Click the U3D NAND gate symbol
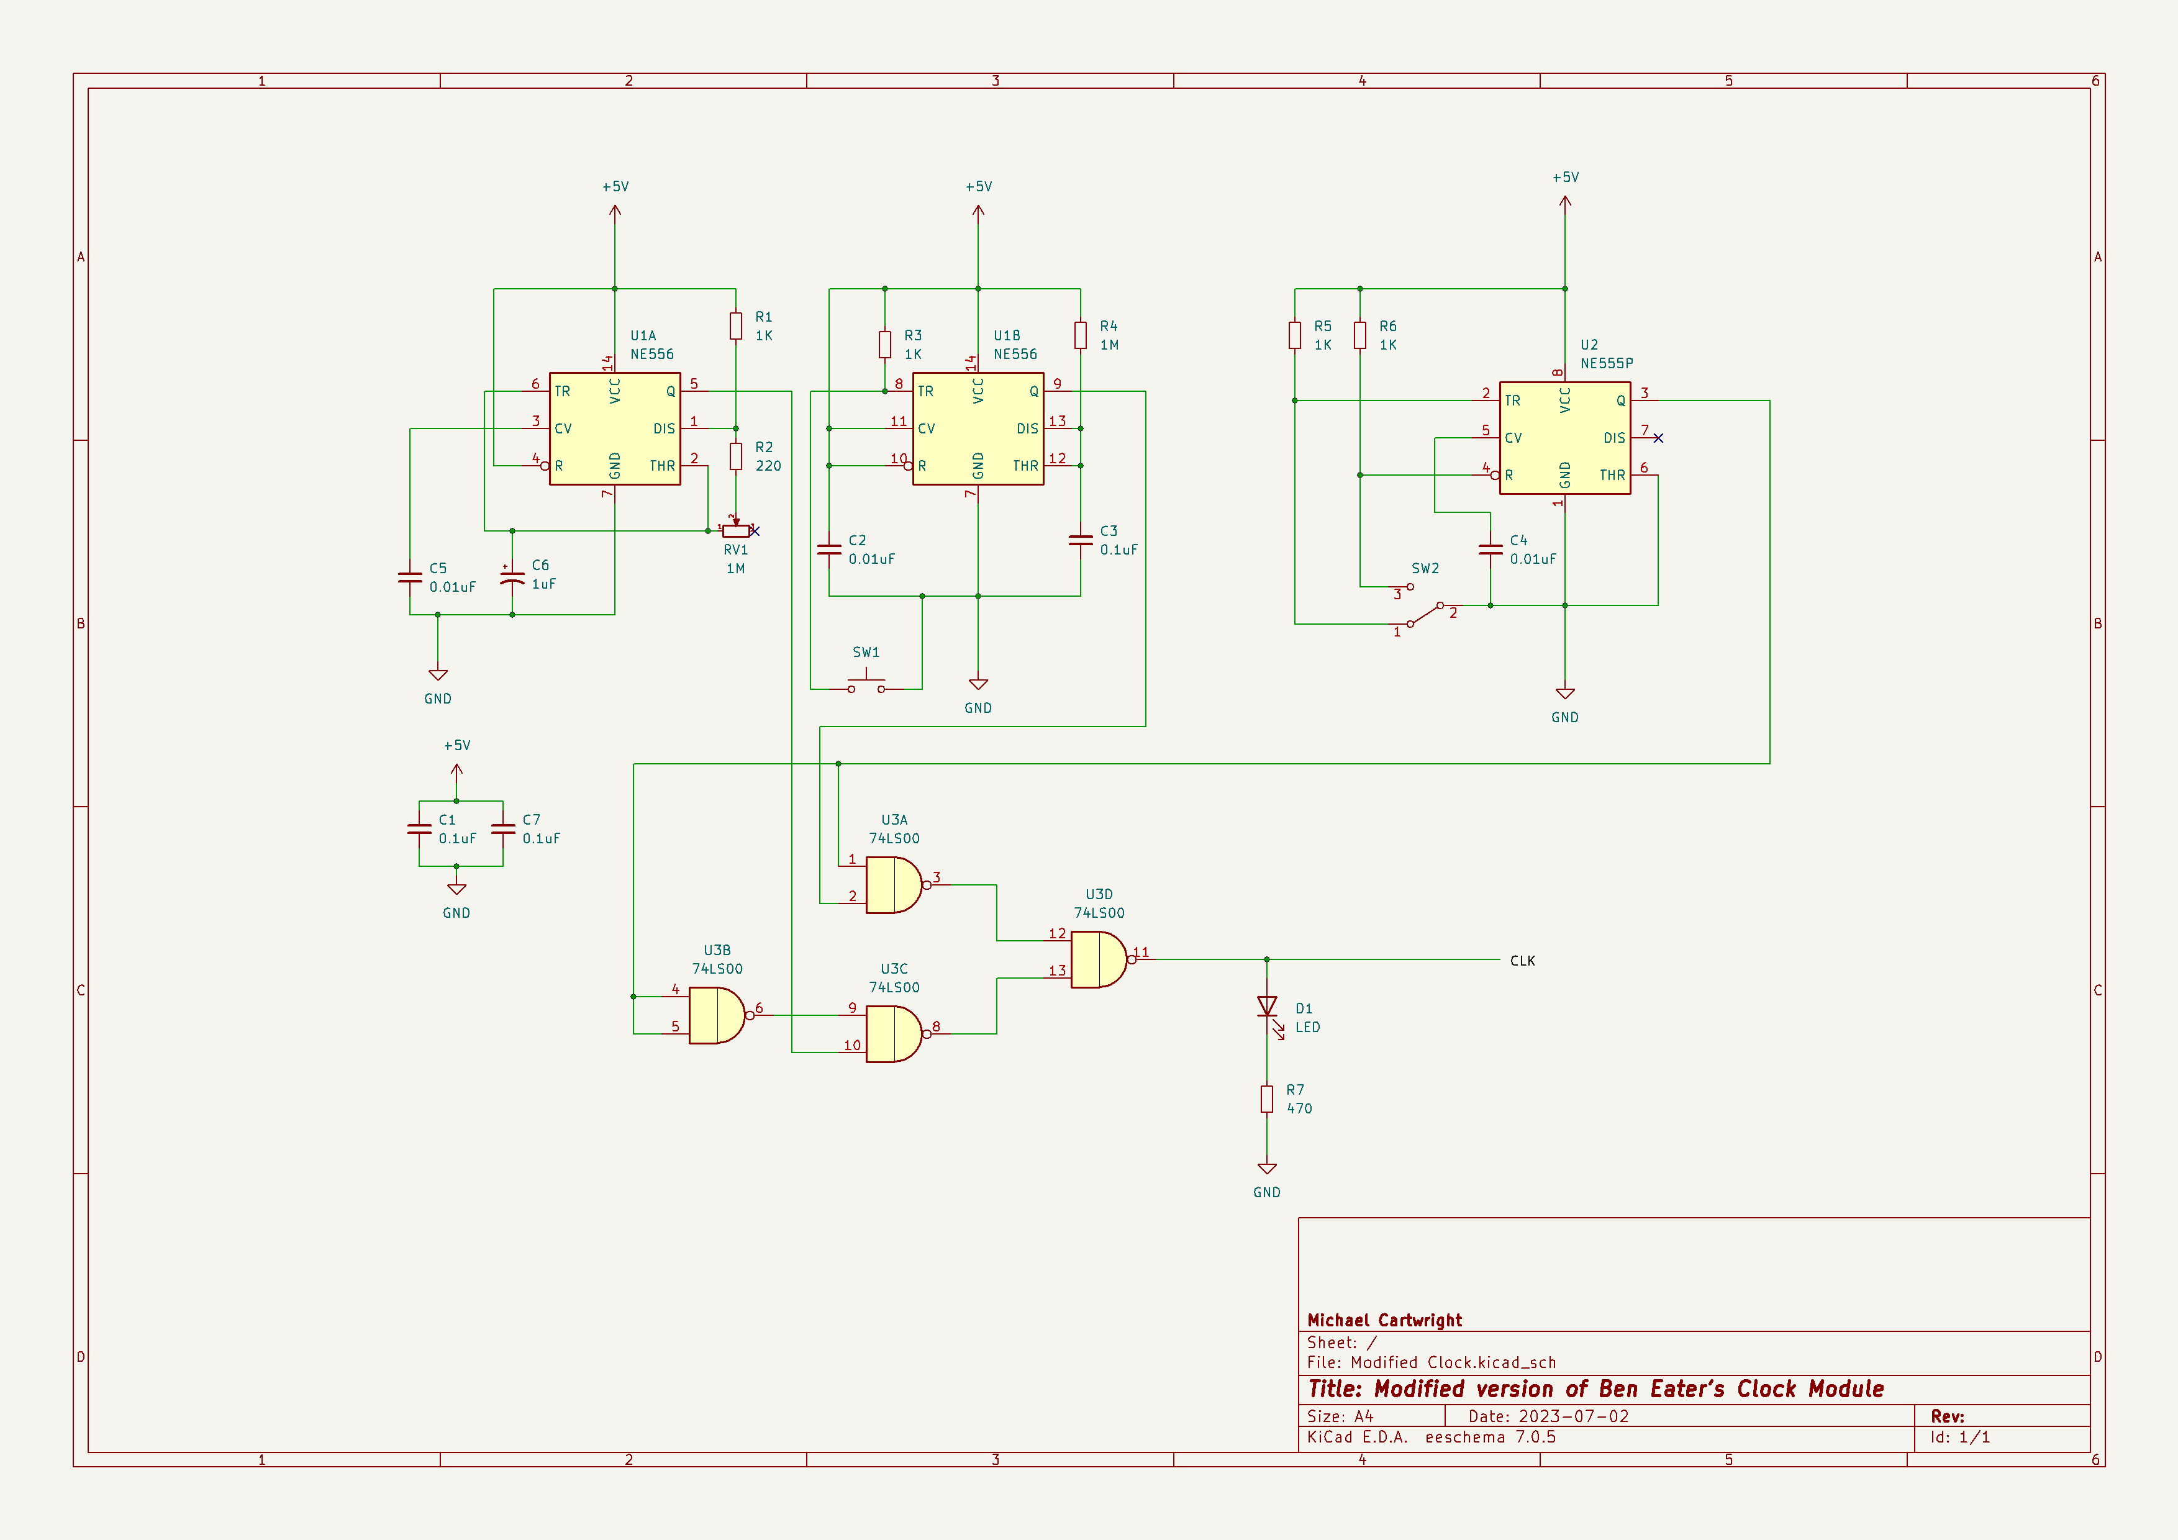tap(1099, 959)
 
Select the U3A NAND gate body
tap(894, 885)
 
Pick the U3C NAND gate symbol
tap(894, 1034)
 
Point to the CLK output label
tap(1523, 961)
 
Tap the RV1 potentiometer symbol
tap(736, 530)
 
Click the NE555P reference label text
tap(1607, 363)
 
